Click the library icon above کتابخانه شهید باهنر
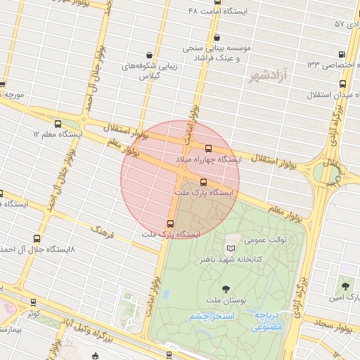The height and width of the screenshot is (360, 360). [231, 247]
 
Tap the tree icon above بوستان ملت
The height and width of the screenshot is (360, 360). [226, 288]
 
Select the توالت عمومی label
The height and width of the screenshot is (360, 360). [266, 240]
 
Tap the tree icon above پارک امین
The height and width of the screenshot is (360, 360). [345, 285]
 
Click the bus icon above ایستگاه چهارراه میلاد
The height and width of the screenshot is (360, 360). [208, 148]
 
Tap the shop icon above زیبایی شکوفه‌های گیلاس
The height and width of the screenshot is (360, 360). [149, 54]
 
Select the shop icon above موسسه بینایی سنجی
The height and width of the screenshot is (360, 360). [217, 37]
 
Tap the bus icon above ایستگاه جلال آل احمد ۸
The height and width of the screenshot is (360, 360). [37, 238]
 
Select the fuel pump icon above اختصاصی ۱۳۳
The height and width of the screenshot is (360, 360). [342, 54]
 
